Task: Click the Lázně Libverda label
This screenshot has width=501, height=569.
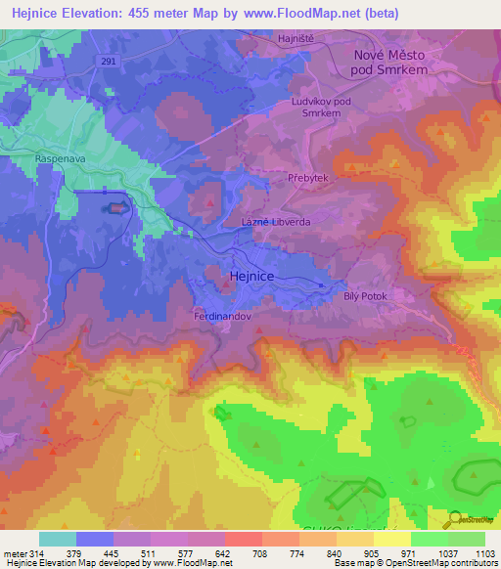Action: click(276, 222)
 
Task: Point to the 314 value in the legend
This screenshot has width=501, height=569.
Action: click(34, 552)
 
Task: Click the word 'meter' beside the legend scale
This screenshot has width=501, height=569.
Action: click(13, 552)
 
